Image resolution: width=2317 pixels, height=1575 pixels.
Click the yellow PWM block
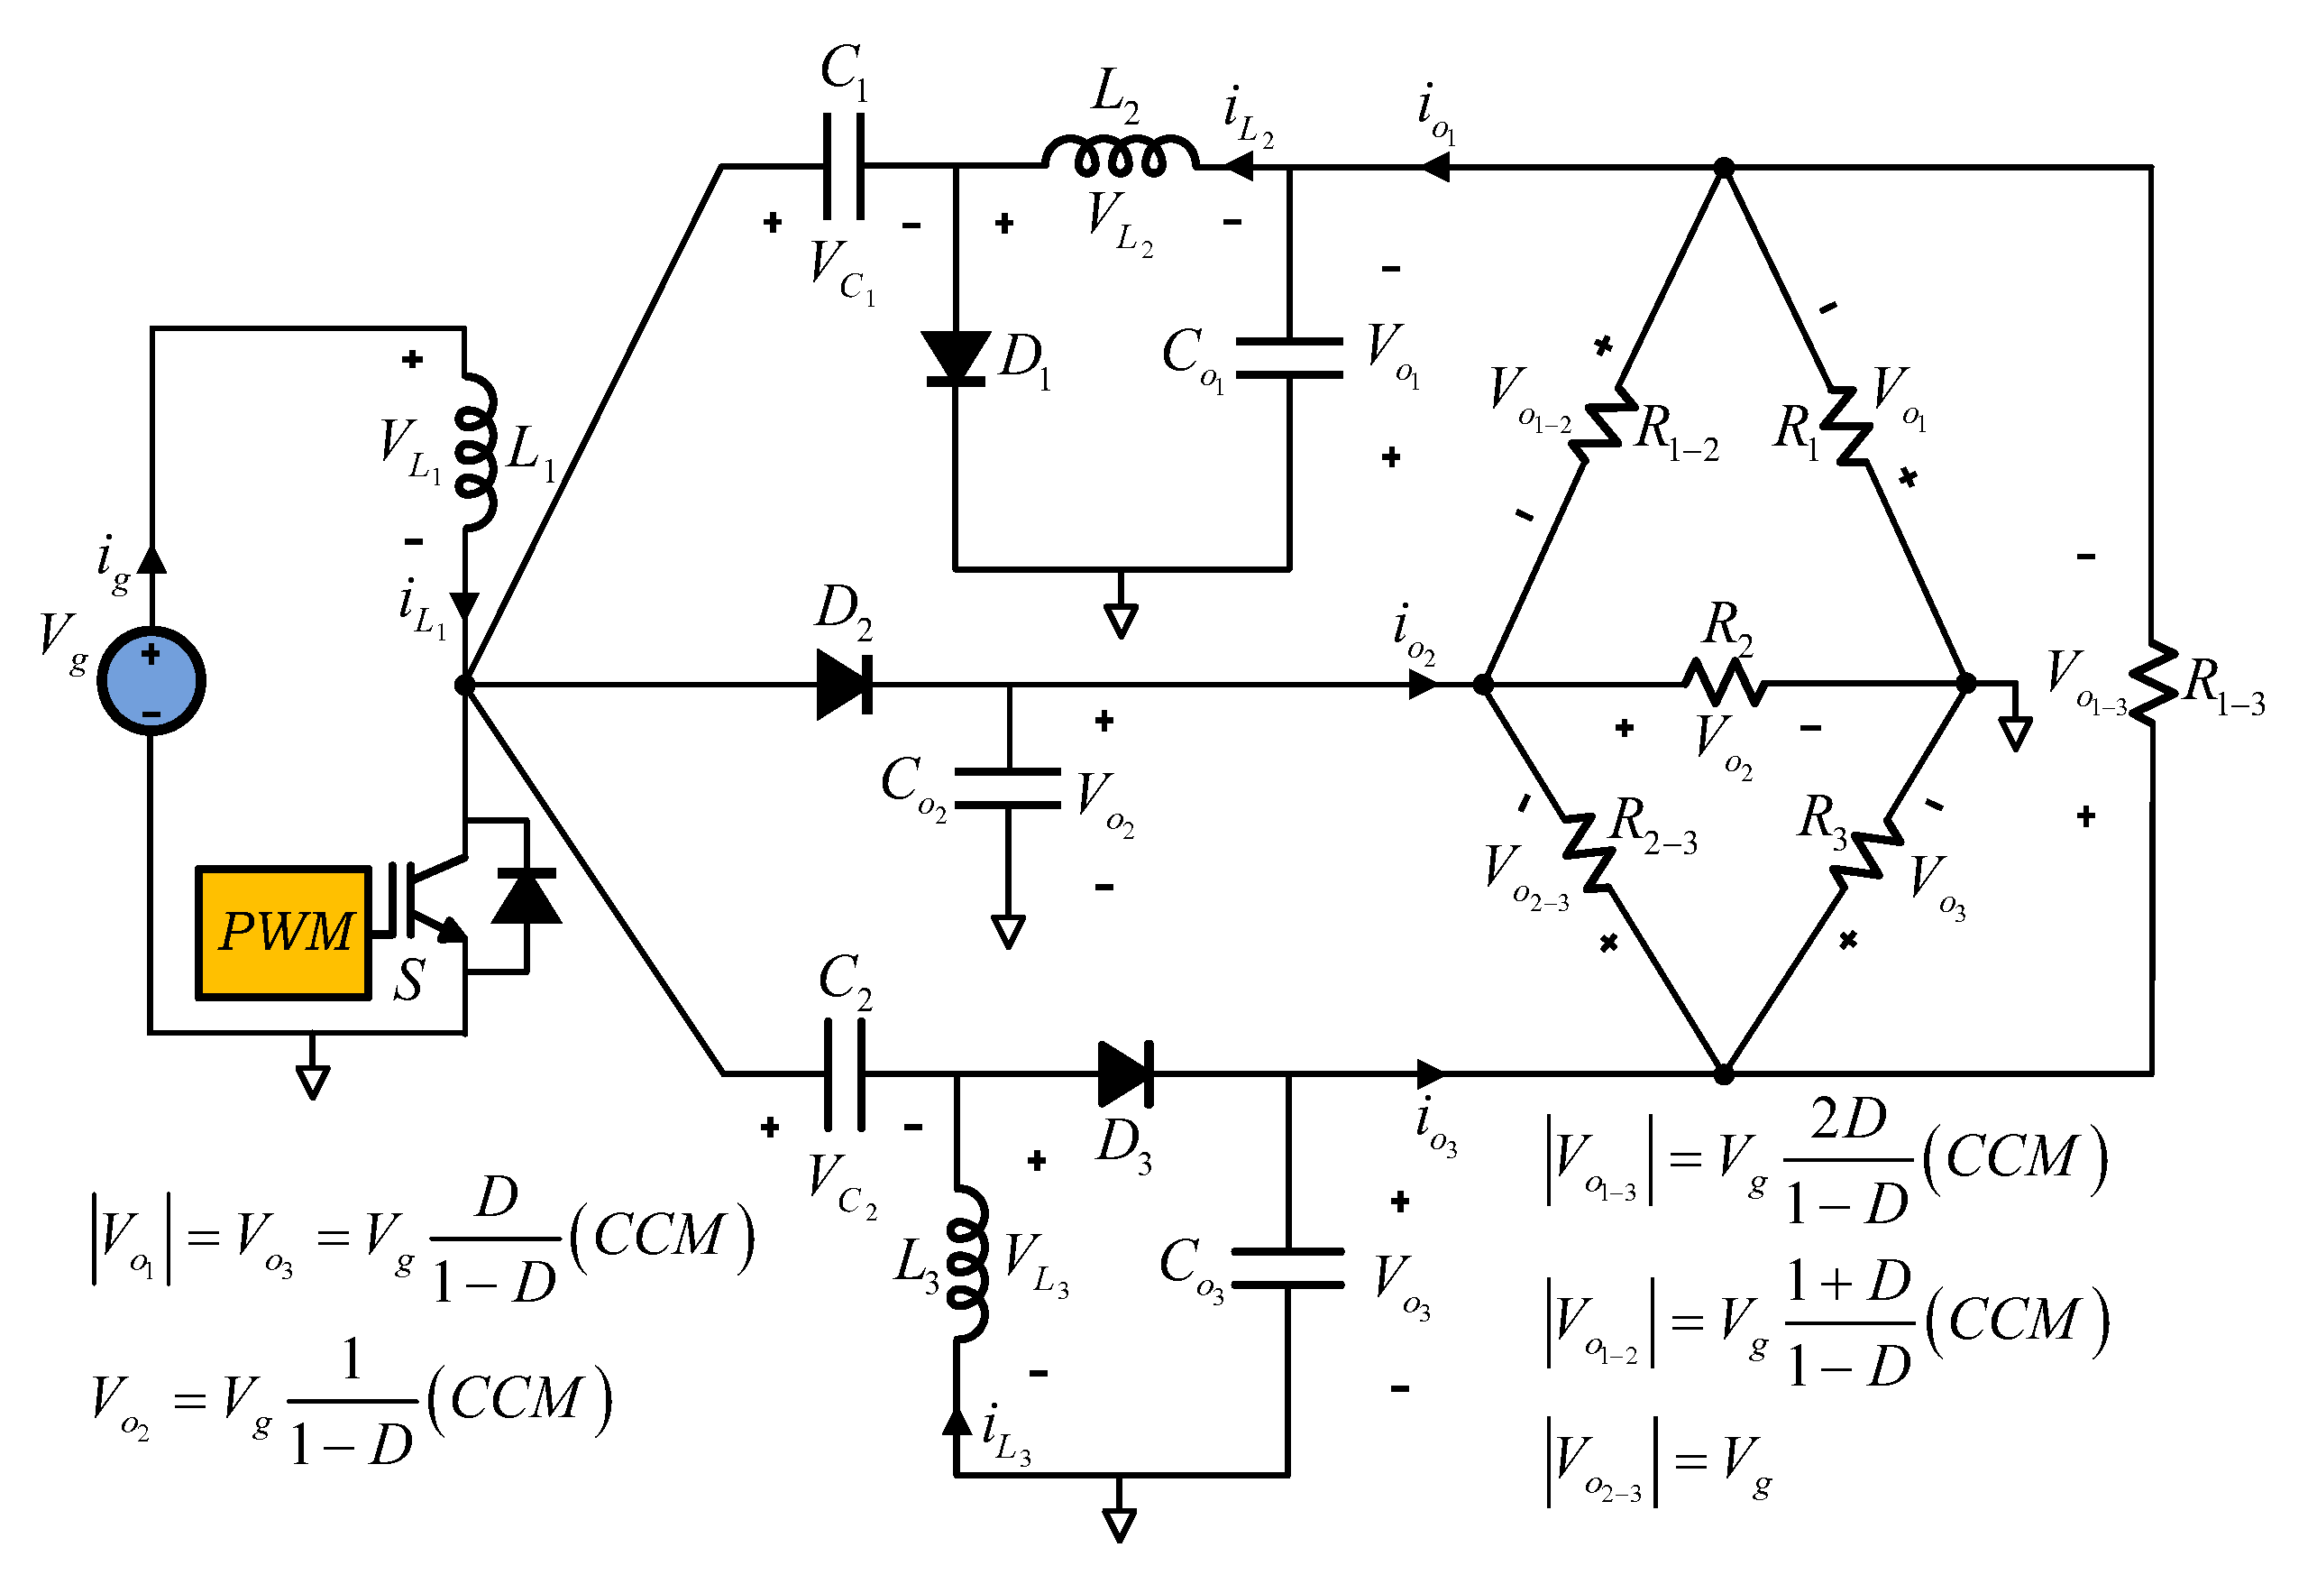[x=284, y=933]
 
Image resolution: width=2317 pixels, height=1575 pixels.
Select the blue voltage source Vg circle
[x=151, y=680]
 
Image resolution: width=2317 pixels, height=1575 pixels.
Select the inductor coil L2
[x=1120, y=157]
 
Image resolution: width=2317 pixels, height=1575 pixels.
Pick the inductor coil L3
[x=967, y=1263]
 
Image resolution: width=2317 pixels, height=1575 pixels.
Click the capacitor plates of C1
[x=844, y=167]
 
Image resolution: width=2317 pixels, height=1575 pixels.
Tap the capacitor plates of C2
[x=845, y=1073]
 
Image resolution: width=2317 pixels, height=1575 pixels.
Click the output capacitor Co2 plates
[x=1008, y=788]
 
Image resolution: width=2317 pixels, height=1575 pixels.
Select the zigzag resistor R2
[x=1724, y=682]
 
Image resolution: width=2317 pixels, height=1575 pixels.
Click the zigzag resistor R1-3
[x=2153, y=681]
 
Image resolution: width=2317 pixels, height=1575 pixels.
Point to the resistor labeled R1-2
[x=1603, y=424]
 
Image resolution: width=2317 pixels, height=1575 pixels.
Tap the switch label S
[x=408, y=981]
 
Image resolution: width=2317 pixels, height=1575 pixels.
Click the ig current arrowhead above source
[x=151, y=558]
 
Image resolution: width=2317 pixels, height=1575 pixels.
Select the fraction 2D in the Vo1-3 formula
[x=1847, y=1119]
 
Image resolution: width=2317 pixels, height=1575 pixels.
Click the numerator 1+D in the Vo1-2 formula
[x=1847, y=1282]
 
